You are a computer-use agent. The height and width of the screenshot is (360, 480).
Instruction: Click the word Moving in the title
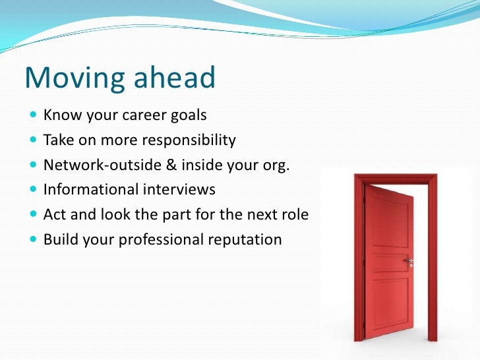(75, 78)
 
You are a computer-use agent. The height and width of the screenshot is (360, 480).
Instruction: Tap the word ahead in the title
(175, 77)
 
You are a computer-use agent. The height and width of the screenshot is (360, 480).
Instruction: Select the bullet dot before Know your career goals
(34, 115)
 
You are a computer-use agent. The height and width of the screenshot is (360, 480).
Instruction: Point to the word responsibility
(189, 140)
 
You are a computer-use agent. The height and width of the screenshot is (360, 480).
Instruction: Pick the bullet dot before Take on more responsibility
(34, 140)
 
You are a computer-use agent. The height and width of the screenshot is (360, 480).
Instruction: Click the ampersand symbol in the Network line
(171, 164)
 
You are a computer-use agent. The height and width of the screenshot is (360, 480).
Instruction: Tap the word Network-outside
(103, 165)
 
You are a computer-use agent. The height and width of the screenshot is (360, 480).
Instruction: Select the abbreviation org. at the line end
(276, 165)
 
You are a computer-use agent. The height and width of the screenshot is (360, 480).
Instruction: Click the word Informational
(91, 189)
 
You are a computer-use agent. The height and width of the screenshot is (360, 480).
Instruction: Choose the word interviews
(179, 189)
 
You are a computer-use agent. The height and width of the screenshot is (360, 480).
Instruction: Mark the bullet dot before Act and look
(34, 214)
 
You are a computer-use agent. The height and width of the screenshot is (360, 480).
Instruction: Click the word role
(295, 214)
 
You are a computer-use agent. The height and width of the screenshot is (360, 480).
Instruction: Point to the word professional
(161, 240)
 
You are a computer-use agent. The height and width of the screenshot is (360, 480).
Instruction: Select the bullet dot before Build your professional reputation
(34, 239)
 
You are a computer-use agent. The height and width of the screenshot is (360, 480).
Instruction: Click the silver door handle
(409, 261)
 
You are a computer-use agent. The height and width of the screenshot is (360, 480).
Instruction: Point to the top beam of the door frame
(396, 179)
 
